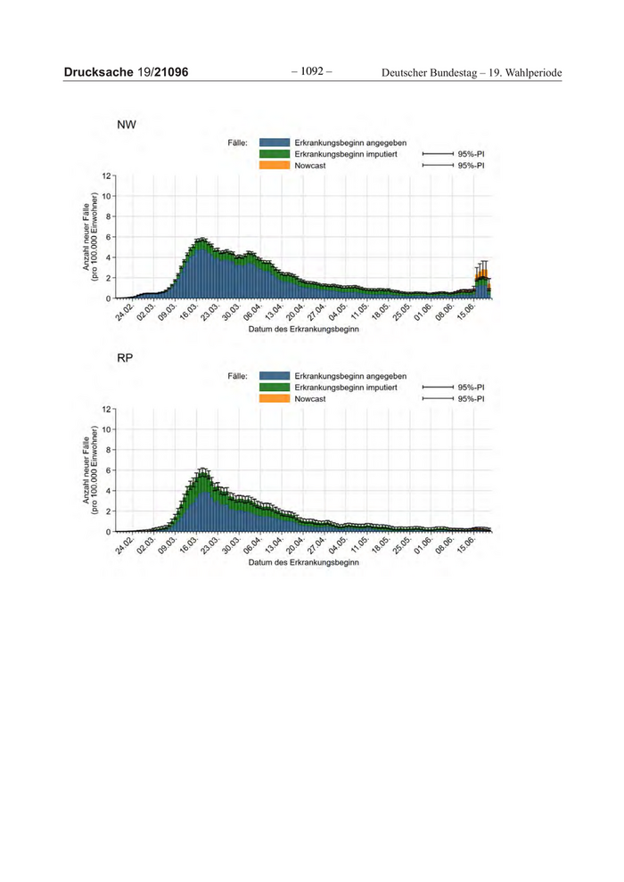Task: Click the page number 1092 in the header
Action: coord(310,70)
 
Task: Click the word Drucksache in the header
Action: coord(98,71)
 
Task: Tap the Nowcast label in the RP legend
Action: coord(310,399)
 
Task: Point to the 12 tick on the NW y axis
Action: coord(106,176)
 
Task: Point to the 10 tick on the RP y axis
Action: coord(106,429)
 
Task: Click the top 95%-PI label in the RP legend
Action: coord(470,388)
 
